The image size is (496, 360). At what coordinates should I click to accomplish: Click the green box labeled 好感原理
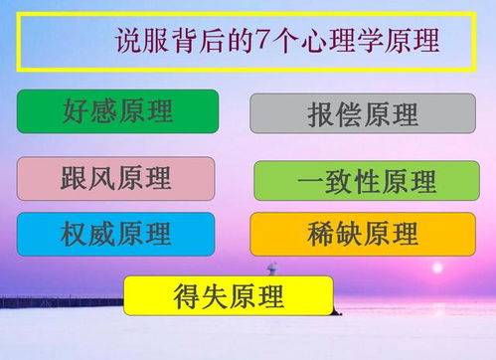(x=117, y=110)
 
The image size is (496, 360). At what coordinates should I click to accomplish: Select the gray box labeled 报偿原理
(x=362, y=113)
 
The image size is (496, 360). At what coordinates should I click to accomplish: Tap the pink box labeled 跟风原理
(x=115, y=178)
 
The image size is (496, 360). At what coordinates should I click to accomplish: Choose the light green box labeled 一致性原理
(x=366, y=181)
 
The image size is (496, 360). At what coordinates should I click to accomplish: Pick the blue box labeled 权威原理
(x=115, y=234)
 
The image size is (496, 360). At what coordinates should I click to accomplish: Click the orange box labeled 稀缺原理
(x=362, y=234)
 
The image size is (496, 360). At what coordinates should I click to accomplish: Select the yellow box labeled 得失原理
(x=228, y=295)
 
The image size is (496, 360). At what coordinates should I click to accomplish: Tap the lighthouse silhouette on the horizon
(x=270, y=271)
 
